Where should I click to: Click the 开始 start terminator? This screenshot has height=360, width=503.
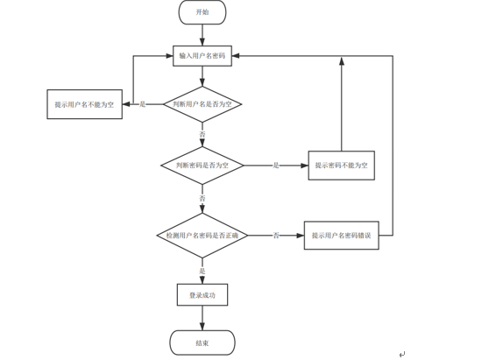click(202, 12)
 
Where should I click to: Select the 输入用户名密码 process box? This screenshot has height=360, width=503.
click(202, 56)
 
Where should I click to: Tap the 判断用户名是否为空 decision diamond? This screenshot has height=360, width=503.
click(202, 104)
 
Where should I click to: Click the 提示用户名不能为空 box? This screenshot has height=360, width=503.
click(85, 104)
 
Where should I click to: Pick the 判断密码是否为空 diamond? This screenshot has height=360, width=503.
click(202, 166)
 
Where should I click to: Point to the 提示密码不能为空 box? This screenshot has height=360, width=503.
click(342, 166)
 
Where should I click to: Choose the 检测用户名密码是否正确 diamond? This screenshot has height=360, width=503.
click(202, 236)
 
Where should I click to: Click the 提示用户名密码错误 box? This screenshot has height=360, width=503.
click(342, 236)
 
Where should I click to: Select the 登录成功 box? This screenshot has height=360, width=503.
click(202, 294)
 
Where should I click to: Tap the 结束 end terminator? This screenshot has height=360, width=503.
click(202, 342)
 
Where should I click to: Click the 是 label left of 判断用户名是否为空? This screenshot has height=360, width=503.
click(143, 104)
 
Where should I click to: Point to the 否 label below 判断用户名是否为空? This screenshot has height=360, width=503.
click(202, 134)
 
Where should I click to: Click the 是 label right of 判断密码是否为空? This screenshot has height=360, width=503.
click(276, 166)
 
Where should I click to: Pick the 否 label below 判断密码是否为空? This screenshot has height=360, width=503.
click(202, 199)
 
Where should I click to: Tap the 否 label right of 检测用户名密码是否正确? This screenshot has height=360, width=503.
click(276, 236)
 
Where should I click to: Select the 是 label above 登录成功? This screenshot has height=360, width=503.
click(202, 271)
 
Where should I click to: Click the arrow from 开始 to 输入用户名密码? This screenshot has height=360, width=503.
click(202, 35)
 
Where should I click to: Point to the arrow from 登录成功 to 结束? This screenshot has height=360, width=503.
click(202, 318)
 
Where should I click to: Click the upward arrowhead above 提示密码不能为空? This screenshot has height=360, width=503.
click(342, 61)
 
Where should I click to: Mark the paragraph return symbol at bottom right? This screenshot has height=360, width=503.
click(402, 354)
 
